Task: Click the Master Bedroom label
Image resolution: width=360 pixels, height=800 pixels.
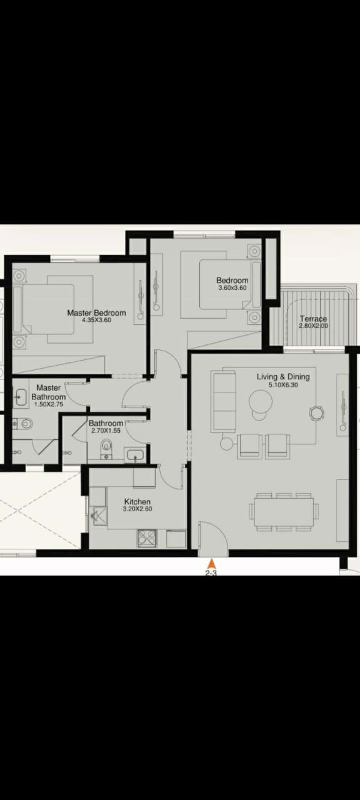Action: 96,313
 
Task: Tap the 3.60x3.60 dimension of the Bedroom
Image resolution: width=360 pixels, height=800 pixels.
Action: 232,288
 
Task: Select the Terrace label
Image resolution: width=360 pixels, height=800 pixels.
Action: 314,319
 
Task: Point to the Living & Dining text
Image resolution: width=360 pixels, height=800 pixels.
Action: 283,376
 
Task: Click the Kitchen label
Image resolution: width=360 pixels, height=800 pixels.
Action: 137,502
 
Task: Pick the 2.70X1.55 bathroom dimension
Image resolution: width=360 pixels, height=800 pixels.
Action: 106,431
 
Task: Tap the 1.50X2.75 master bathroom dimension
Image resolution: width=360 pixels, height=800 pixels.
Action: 49,404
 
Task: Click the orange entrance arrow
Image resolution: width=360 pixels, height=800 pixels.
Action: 212,564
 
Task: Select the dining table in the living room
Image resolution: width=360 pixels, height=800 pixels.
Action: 284,512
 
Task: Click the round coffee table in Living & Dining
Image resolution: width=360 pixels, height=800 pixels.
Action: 261,401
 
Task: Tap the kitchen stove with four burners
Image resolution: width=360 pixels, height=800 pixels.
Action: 147,538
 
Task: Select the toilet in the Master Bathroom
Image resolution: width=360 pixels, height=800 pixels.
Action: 24,424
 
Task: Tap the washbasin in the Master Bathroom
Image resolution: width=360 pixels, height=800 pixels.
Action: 21,397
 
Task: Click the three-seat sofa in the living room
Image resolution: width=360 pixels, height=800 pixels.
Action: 223,401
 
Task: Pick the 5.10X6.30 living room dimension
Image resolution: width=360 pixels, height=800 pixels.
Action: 283,385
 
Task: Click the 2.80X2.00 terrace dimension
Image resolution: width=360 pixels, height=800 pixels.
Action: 314,326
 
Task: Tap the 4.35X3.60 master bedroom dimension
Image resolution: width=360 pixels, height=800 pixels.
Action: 96,320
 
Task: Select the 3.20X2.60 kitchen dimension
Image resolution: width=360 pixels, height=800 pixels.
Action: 137,509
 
